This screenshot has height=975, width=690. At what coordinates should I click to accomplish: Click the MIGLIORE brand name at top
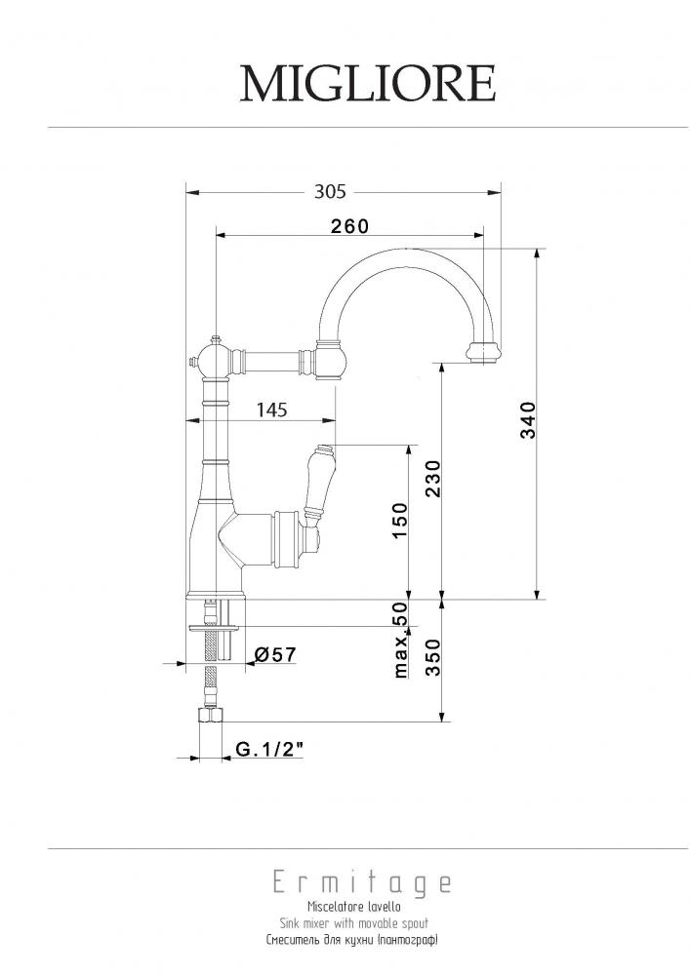[x=368, y=83]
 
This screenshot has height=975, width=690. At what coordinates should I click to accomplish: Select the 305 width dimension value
[x=330, y=191]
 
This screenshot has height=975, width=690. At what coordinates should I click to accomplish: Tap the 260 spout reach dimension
[x=349, y=226]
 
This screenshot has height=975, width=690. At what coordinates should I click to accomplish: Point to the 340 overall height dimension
[x=528, y=419]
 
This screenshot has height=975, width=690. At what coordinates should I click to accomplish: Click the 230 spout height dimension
[x=433, y=478]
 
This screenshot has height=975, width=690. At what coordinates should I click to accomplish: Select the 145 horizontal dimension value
[x=272, y=409]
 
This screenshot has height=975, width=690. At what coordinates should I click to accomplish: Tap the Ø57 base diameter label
[x=275, y=654]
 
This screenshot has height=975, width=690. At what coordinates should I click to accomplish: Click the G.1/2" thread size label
[x=269, y=749]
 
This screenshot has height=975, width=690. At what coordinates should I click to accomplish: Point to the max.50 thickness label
[x=401, y=640]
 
